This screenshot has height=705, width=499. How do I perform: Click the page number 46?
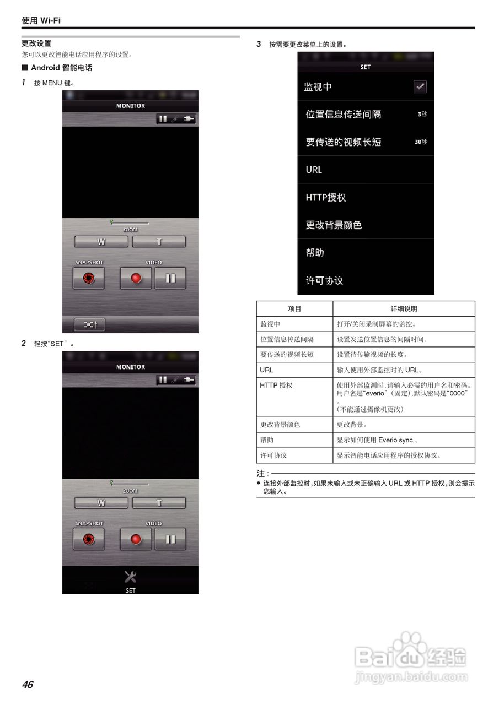[28, 685]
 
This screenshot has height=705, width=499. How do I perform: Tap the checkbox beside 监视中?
[420, 86]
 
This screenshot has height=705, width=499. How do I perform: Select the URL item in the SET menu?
[314, 170]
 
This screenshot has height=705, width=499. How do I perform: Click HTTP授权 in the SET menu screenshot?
[326, 197]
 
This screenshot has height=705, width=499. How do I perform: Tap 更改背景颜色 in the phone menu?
[334, 225]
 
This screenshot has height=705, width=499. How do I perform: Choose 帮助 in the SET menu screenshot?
[315, 252]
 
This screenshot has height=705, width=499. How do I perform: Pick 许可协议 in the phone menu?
[324, 280]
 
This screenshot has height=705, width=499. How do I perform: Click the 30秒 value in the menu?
[421, 142]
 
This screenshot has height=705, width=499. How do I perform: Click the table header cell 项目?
[294, 309]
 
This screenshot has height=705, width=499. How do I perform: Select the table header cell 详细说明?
[404, 309]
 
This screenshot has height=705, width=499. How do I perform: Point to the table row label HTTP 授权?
[276, 386]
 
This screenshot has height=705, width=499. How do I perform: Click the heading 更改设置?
[36, 44]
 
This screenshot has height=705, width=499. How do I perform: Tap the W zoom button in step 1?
[101, 242]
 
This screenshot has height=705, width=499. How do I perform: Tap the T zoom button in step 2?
[159, 503]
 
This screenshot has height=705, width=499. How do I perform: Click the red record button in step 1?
[136, 279]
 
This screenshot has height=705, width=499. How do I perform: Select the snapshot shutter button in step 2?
[88, 539]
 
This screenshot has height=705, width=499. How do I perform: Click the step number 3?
[259, 44]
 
